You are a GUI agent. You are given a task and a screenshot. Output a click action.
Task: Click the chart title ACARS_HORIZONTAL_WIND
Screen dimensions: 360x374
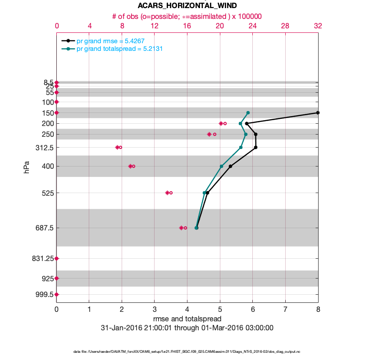point(187,6)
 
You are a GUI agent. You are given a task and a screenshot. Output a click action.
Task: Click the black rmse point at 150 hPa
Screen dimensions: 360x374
point(318,112)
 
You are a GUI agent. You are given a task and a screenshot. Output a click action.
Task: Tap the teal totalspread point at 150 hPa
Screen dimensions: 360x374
point(248,112)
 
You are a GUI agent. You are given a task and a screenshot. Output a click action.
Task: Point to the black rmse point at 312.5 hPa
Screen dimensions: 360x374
point(255,147)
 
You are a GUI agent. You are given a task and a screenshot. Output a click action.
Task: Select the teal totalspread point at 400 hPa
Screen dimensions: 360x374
point(221,166)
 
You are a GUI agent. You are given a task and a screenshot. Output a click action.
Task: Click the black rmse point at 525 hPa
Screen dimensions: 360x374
point(207,193)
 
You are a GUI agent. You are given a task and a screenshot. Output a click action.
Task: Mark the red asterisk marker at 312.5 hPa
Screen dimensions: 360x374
point(117,147)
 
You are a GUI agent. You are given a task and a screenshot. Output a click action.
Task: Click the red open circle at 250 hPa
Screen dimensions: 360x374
point(214,134)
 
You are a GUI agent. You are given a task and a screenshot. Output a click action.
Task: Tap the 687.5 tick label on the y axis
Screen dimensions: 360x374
point(45,228)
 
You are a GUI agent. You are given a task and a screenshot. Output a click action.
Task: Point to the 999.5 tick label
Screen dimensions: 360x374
point(45,294)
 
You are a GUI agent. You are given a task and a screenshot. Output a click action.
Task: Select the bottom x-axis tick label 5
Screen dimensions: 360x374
point(220,310)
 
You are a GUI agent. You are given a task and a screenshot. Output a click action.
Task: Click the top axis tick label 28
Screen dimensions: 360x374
point(285,26)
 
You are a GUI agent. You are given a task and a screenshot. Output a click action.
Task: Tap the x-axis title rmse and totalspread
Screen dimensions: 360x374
point(187,319)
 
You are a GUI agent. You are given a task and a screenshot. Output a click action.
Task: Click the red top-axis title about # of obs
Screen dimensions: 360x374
point(187,16)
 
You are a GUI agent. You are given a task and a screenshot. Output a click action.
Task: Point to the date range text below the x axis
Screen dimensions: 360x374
point(187,328)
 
